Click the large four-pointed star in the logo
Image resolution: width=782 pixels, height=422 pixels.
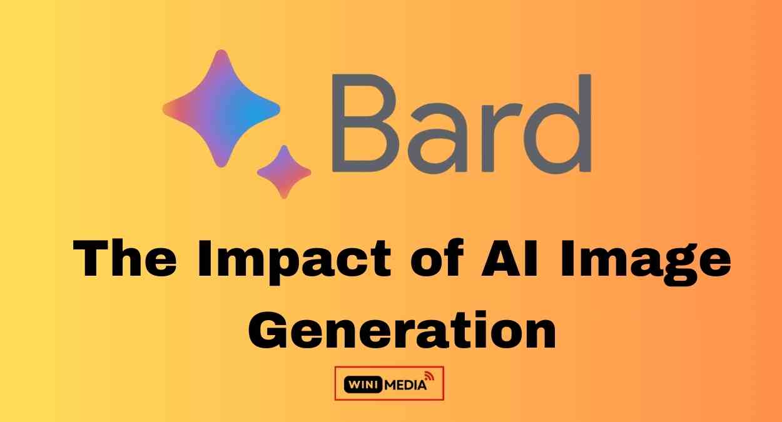click(221, 108)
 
